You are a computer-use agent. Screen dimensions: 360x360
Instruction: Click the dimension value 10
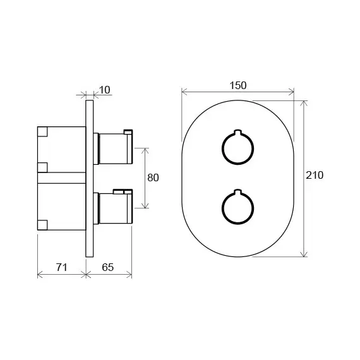point(105,90)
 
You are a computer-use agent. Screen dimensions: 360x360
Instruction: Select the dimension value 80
point(152,177)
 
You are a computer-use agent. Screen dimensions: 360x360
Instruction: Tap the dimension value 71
point(61,267)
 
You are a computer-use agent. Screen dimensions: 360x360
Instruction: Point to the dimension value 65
point(108,267)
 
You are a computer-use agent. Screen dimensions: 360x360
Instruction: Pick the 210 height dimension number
point(313,176)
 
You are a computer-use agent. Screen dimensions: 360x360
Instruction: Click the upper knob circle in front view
point(237,149)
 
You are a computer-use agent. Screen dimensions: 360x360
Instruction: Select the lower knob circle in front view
point(237,206)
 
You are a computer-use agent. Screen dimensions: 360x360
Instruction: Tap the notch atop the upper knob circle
point(237,133)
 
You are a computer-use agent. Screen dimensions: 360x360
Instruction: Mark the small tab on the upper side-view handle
point(128,131)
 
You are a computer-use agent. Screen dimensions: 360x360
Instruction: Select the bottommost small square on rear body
point(42,224)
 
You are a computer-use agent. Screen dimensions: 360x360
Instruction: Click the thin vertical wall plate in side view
point(90,177)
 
